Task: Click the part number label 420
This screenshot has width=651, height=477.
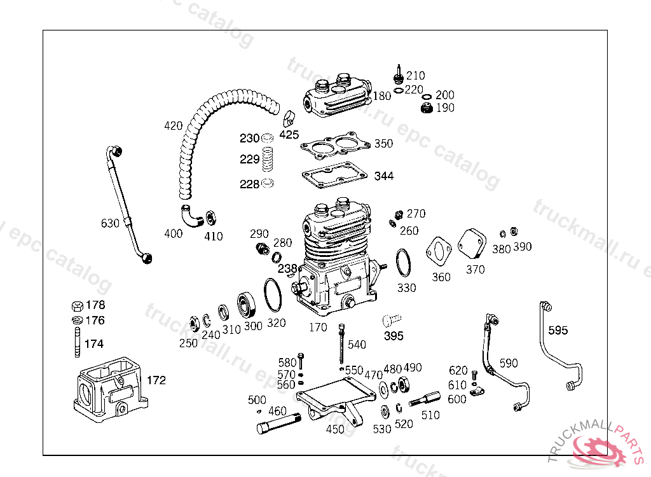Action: click(173, 126)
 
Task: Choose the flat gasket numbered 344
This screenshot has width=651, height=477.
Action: click(334, 175)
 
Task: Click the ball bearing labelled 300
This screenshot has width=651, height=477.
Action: click(247, 305)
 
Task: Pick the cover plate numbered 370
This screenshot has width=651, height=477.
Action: click(473, 244)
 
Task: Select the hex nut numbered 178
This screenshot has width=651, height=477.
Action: click(76, 305)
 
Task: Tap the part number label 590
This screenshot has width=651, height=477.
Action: click(509, 364)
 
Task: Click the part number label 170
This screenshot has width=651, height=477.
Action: click(318, 328)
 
